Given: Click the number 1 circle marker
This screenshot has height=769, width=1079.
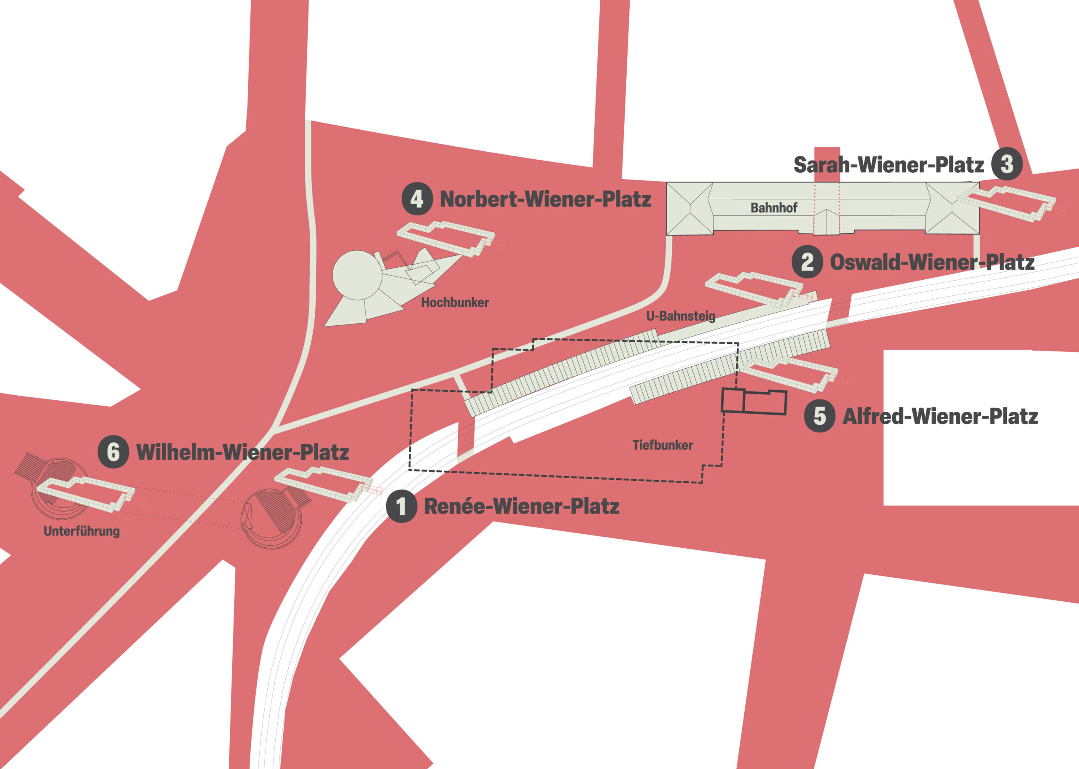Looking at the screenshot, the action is pos(401,506).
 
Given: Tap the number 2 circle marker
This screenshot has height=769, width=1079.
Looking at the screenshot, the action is pos(808,262).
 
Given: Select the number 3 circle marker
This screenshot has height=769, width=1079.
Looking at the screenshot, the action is pos(1007,164).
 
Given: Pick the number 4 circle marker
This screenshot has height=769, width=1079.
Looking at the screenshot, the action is pos(417,199).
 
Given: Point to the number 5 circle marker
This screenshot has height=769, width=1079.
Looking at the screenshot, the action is pos(819,416).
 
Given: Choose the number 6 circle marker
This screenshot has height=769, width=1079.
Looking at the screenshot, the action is pos(113,452).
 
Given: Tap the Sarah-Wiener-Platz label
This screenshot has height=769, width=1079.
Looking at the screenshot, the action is pos(888,165).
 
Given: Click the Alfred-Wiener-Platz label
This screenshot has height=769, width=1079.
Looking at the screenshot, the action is pos(940,417).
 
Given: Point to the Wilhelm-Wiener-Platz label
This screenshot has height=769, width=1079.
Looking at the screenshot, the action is pos(242,452).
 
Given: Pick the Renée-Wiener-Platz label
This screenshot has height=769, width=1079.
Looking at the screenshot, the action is pos(521,506).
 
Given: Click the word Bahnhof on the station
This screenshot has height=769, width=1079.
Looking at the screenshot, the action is pos(774,208).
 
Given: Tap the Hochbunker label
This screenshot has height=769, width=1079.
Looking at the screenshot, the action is pos(455,303).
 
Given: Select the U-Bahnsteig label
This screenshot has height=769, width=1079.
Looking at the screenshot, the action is pos(681,316).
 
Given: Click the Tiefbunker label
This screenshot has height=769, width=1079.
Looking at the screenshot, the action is pos(662,445).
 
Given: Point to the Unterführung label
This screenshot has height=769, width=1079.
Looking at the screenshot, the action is pos(81,531).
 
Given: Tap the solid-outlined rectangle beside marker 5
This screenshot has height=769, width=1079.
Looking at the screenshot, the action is pos(754,402).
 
